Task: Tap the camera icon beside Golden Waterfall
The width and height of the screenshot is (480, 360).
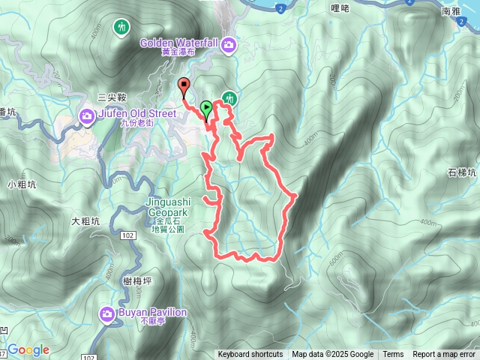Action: click(229, 46)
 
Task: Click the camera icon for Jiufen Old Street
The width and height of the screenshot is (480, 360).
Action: click(87, 115)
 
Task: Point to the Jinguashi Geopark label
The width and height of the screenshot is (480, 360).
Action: click(169, 207)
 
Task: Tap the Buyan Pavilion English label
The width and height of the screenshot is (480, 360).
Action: click(152, 312)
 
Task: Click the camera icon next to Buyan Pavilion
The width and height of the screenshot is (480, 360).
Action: click(107, 313)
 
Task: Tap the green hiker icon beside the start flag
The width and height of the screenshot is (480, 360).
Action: click(229, 98)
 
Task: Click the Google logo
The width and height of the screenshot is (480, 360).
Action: click(28, 350)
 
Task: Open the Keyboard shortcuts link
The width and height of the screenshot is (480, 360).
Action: click(250, 355)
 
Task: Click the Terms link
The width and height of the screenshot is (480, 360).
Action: click(393, 355)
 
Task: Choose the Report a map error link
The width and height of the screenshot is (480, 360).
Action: click(444, 355)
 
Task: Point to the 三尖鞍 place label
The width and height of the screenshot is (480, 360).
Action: click(111, 97)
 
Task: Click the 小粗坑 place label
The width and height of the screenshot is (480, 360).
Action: click(22, 184)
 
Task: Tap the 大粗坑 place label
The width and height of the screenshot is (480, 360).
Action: click(85, 221)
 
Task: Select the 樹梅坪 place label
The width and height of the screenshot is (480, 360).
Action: click(136, 280)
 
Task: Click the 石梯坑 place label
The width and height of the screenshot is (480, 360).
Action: click(462, 172)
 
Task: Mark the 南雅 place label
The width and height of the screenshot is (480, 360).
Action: click(451, 11)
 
